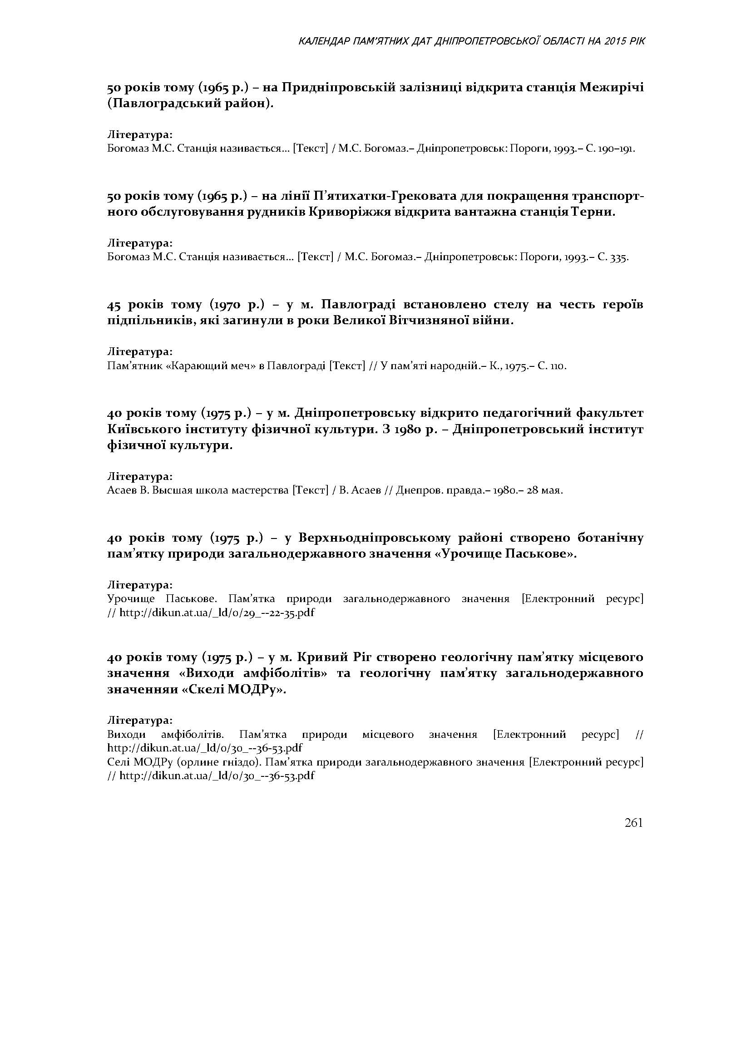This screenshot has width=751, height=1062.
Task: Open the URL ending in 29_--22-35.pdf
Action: [217, 613]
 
